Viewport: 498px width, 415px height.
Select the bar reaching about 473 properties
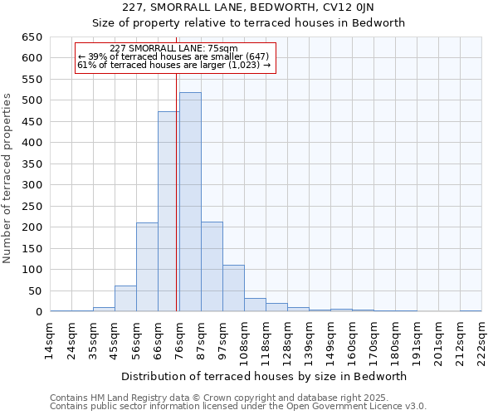click(168, 212)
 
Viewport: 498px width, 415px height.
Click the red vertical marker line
click(177, 191)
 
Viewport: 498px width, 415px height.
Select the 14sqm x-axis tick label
click(51, 338)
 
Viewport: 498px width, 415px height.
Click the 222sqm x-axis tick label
click(482, 338)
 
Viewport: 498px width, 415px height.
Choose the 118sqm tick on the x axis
click(266, 338)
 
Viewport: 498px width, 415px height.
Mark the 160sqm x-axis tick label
click(353, 338)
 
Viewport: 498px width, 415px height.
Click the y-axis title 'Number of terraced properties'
click(8, 178)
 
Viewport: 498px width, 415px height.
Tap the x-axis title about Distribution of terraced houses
click(266, 376)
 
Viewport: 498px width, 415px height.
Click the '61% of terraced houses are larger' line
click(173, 65)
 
